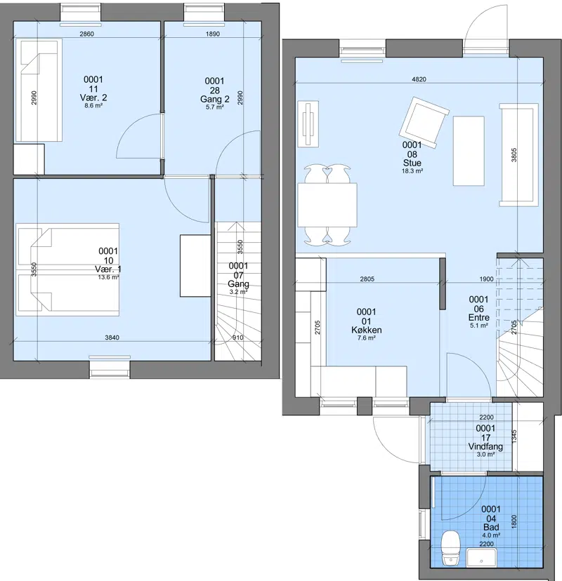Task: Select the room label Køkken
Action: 367,330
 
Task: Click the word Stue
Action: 412,163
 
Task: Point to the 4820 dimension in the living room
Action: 419,79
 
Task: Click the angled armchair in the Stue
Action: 424,123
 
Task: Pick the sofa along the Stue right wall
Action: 518,155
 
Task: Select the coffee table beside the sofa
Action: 469,151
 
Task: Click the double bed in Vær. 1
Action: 67,269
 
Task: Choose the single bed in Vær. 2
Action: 39,90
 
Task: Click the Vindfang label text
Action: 485,446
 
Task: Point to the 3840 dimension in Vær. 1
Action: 112,338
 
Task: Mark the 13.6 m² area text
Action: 108,277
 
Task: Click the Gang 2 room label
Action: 215,100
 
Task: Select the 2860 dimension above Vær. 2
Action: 87,34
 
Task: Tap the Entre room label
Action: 479,318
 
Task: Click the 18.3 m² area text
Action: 412,171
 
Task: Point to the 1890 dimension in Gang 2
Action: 213,34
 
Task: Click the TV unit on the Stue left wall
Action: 308,124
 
